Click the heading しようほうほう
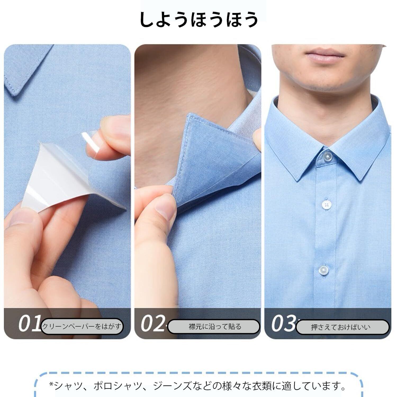click(198, 19)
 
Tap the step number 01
click(30, 323)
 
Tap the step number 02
click(153, 323)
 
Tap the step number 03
click(283, 323)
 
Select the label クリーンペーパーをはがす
click(82, 326)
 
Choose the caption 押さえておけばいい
click(341, 327)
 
